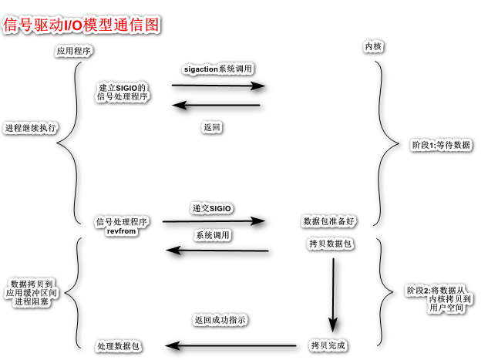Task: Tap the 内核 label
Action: tap(373, 47)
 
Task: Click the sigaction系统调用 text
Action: tap(218, 69)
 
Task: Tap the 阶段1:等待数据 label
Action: tap(442, 144)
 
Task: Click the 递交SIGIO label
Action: tap(212, 209)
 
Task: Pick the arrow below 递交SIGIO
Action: tap(214, 222)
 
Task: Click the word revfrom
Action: tap(122, 231)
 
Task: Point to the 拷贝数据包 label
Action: tap(330, 244)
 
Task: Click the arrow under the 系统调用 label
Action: tap(218, 251)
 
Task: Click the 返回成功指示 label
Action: tap(220, 319)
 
